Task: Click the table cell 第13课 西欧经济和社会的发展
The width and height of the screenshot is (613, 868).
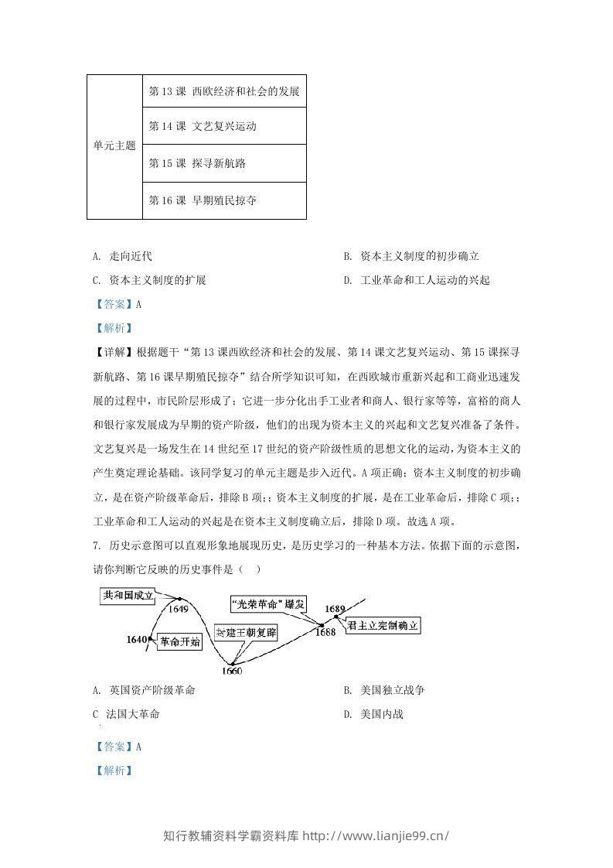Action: pos(223,91)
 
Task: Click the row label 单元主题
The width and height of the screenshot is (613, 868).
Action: pos(114,145)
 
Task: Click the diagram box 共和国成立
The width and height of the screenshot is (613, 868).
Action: pos(128,595)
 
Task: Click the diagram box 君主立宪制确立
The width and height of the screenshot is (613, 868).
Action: pos(383,626)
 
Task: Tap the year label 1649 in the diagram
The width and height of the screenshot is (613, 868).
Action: pos(178,609)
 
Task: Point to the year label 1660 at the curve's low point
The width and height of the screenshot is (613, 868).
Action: pos(231,670)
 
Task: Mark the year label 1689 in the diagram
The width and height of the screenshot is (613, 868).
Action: pos(335,609)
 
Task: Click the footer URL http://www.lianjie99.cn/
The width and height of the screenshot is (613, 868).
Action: pos(374,836)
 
